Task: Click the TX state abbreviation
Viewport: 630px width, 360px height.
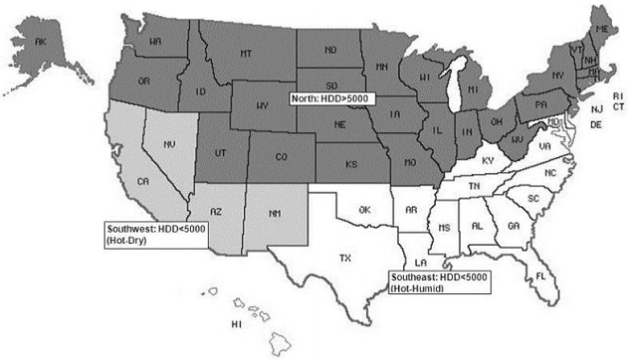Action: coord(345,258)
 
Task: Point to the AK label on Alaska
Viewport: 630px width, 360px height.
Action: coord(41,43)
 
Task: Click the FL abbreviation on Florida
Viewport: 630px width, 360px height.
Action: coord(540,273)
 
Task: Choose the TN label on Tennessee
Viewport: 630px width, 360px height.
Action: coord(476,186)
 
